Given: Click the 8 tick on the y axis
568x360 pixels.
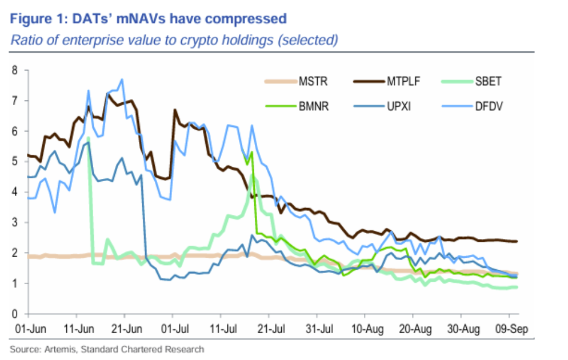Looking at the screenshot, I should [15, 70].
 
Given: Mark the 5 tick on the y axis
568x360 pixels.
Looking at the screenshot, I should [15, 162].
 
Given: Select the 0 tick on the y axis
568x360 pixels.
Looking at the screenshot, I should [15, 314].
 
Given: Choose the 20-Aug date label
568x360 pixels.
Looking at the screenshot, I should [413, 330].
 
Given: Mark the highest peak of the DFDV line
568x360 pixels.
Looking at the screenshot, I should [122, 79].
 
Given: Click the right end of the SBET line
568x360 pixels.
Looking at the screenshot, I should [517, 287].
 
